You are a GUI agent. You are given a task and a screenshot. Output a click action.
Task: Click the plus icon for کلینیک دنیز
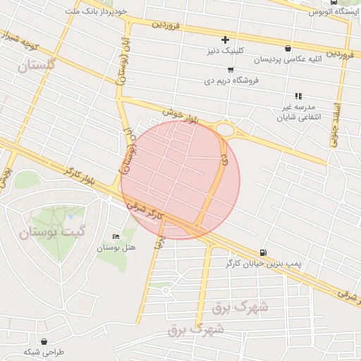click(225, 39)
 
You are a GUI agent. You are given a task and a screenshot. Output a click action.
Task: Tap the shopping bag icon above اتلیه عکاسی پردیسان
click(288, 49)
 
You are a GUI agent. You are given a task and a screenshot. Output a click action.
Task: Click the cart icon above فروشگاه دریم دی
click(231, 70)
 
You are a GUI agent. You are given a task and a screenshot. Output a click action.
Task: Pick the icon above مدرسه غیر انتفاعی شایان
click(298, 96)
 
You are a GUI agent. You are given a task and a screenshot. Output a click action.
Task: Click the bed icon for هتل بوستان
click(116, 236)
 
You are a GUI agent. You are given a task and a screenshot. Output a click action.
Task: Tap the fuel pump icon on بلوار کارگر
click(263, 252)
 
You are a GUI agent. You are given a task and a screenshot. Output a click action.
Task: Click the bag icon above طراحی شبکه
click(44, 341)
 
